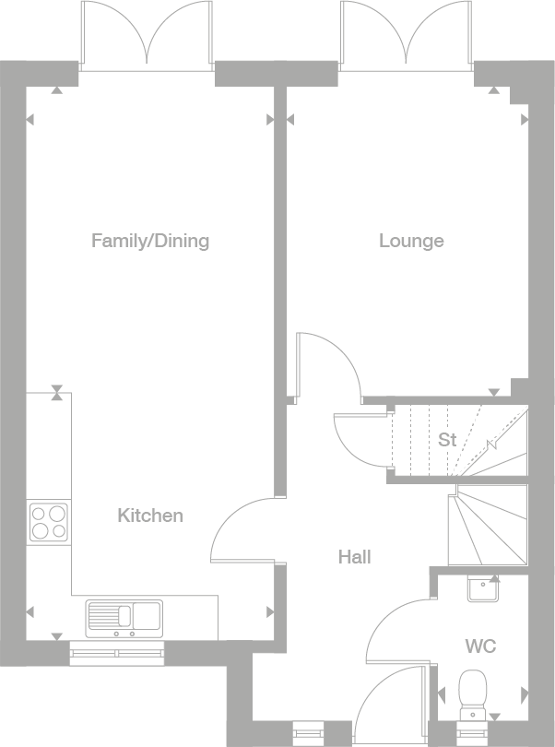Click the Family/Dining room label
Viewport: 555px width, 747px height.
click(150, 241)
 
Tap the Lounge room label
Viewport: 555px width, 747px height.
click(411, 241)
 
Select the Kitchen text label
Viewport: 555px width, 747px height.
click(150, 516)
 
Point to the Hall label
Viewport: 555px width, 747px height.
click(354, 557)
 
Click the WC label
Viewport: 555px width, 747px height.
click(480, 646)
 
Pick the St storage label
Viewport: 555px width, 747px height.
click(447, 440)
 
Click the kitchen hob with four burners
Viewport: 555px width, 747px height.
click(49, 522)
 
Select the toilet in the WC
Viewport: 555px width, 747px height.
click(474, 691)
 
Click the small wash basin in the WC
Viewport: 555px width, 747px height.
click(482, 587)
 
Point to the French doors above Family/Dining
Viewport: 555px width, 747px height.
click(148, 35)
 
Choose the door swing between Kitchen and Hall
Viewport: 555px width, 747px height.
click(242, 532)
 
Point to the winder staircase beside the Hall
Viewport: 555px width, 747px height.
click(487, 526)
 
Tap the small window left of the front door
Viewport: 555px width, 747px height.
click(303, 730)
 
